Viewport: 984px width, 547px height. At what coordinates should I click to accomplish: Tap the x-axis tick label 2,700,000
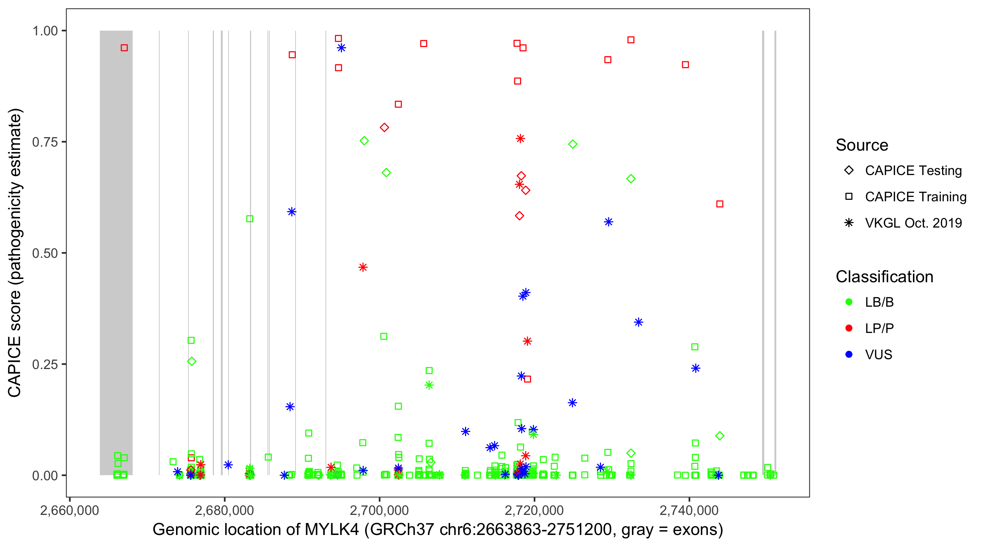point(379,510)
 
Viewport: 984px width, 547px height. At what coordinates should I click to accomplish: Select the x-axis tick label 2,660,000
point(70,510)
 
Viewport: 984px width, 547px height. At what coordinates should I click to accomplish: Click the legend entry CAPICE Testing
point(913,171)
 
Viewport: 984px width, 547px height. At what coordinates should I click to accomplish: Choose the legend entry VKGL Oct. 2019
point(913,223)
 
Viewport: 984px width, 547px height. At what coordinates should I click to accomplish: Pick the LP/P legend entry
point(879,328)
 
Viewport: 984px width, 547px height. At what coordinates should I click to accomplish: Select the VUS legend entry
point(878,355)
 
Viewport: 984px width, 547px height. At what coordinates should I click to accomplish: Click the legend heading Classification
point(884,277)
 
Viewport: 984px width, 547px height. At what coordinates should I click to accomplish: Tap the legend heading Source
point(862,145)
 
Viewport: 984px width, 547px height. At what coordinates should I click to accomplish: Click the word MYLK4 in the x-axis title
point(332,530)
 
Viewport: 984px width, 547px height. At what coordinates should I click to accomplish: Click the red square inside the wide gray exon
point(124,48)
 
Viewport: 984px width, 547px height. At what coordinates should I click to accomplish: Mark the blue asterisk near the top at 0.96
point(341,48)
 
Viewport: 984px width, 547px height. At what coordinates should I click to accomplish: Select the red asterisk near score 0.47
point(363,267)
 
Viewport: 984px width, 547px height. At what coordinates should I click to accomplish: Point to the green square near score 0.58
point(250,219)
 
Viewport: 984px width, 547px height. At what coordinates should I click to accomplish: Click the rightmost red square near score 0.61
point(720,204)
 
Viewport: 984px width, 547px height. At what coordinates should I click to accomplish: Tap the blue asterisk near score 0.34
point(638,322)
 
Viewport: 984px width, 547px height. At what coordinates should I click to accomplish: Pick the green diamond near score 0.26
point(192,361)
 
